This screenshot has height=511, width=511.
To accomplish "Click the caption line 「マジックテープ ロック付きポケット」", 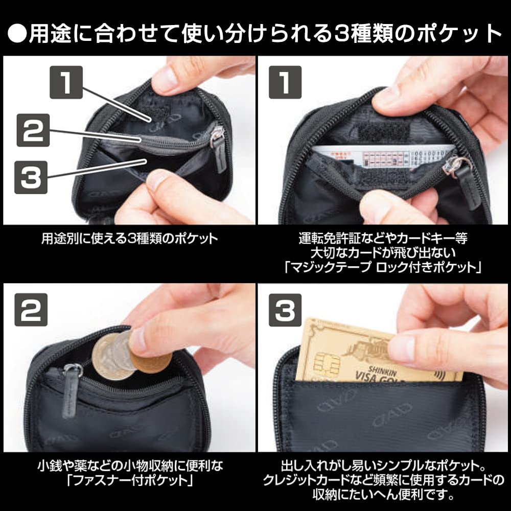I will [383, 266].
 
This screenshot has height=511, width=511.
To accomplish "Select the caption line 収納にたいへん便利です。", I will [383, 495].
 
